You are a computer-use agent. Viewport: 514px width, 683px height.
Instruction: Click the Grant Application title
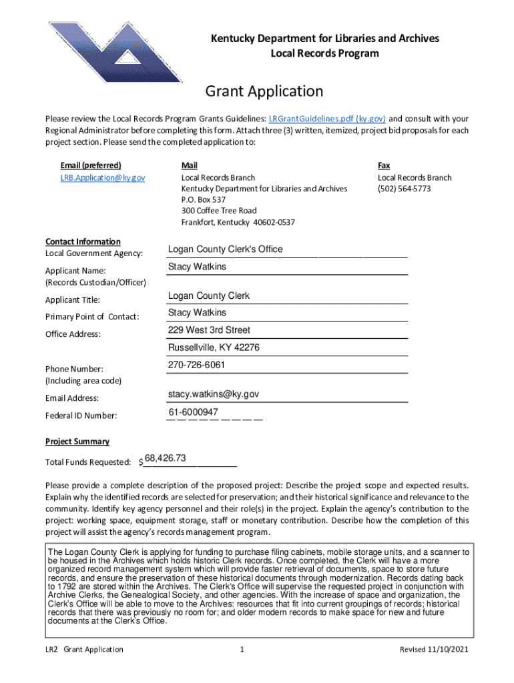coord(264,91)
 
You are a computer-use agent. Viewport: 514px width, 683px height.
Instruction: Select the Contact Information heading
coord(83,241)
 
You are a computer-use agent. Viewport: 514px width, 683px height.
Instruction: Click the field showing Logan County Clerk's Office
coord(226,249)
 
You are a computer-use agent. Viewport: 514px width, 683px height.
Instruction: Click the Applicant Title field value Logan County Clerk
coord(209,295)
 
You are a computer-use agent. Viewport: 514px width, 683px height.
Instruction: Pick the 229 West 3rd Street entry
coord(209,330)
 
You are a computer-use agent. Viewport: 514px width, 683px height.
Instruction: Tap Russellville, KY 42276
coord(214,348)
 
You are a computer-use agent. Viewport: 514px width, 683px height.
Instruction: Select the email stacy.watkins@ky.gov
coord(213,394)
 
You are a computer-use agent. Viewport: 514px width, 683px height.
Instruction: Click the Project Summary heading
coord(77,442)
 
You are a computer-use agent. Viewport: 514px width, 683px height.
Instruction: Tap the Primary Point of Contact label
coord(92,317)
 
